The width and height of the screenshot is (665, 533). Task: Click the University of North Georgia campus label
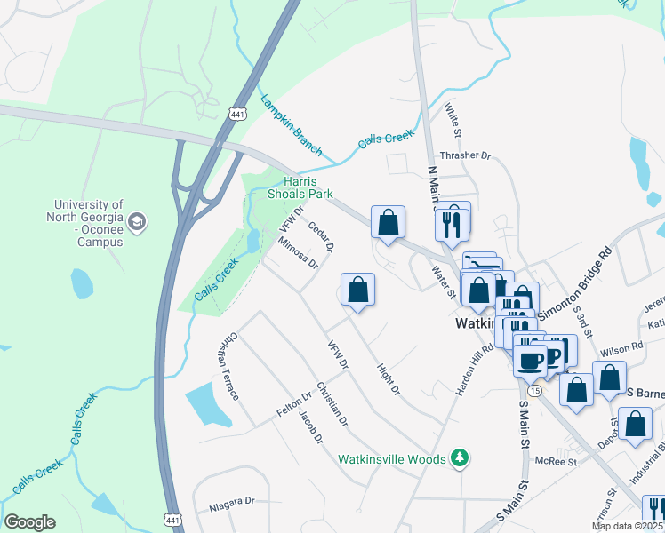click(87, 222)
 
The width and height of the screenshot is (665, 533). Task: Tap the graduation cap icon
click(136, 221)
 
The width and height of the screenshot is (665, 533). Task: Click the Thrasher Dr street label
click(465, 155)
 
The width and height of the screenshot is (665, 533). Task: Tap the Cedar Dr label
click(321, 235)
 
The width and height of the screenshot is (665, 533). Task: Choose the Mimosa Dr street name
click(298, 252)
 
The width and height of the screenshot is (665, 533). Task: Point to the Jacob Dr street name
click(309, 426)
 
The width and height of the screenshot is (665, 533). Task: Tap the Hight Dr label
click(389, 378)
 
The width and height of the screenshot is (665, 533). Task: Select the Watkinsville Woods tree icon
click(460, 458)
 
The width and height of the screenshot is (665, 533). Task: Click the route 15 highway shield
click(533, 391)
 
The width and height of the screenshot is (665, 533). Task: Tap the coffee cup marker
click(532, 360)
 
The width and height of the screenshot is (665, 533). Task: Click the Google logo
click(29, 521)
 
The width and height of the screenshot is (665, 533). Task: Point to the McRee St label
click(557, 461)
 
